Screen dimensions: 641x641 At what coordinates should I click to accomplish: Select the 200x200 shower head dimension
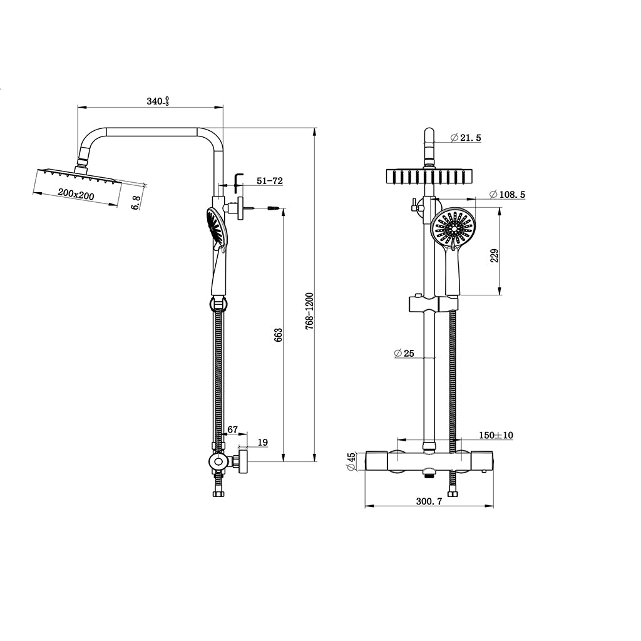tap(76, 194)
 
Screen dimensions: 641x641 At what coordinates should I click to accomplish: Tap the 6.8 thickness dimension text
tap(136, 203)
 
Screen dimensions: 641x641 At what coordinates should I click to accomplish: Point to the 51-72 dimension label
tap(269, 181)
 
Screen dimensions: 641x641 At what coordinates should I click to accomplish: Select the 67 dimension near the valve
tap(233, 429)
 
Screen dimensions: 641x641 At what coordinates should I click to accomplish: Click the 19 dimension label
tap(263, 443)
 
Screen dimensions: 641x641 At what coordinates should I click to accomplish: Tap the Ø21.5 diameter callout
tap(466, 138)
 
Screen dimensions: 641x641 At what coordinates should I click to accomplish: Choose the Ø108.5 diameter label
tap(507, 195)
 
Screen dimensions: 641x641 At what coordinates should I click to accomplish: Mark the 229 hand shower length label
tap(495, 255)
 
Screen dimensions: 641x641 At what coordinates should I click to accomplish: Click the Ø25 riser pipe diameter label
tap(404, 353)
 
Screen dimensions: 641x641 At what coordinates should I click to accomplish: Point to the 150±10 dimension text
tap(496, 436)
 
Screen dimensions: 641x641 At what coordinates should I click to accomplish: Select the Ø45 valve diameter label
tap(351, 461)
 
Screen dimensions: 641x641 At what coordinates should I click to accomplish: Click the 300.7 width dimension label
tap(429, 501)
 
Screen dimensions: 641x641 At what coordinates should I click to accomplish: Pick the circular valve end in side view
tap(218, 463)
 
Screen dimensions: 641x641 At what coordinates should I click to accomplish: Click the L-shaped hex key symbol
tap(238, 183)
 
